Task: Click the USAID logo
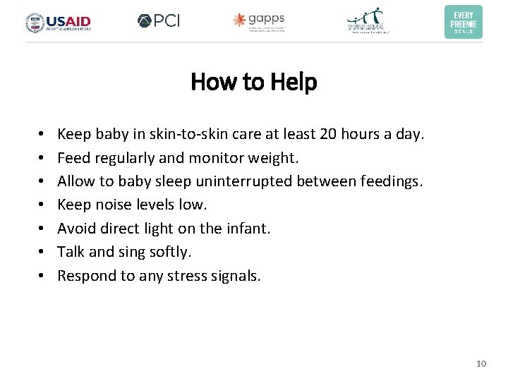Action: [x=59, y=23]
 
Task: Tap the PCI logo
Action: [x=159, y=21]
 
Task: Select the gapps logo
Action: [x=259, y=22]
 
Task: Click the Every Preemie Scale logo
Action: [x=463, y=22]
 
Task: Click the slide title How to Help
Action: [x=254, y=83]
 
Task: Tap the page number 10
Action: [x=481, y=363]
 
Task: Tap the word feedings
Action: [x=391, y=181]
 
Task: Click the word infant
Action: [x=249, y=229]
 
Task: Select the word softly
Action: [x=169, y=252]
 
